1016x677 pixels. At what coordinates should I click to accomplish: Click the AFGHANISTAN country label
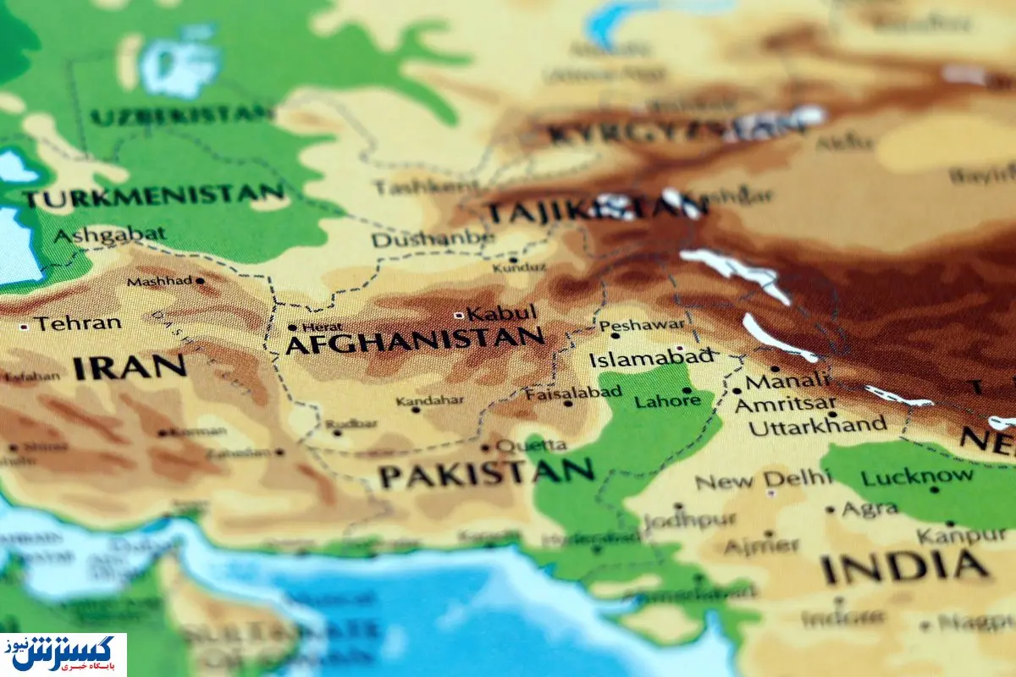[x=415, y=341]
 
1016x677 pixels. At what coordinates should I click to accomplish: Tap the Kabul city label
[x=502, y=313]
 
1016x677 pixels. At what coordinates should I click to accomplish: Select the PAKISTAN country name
[x=486, y=474]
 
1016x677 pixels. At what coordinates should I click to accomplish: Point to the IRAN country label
[x=129, y=367]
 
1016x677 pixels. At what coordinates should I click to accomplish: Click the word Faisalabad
[x=573, y=393]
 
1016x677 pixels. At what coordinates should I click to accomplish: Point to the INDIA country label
[x=904, y=567]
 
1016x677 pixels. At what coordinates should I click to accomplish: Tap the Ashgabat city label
[x=110, y=234]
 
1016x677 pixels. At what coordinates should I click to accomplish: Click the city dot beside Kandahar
[x=415, y=410]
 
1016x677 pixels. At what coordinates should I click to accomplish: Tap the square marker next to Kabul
[x=458, y=315]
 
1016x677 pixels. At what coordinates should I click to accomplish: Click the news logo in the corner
[x=63, y=654]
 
